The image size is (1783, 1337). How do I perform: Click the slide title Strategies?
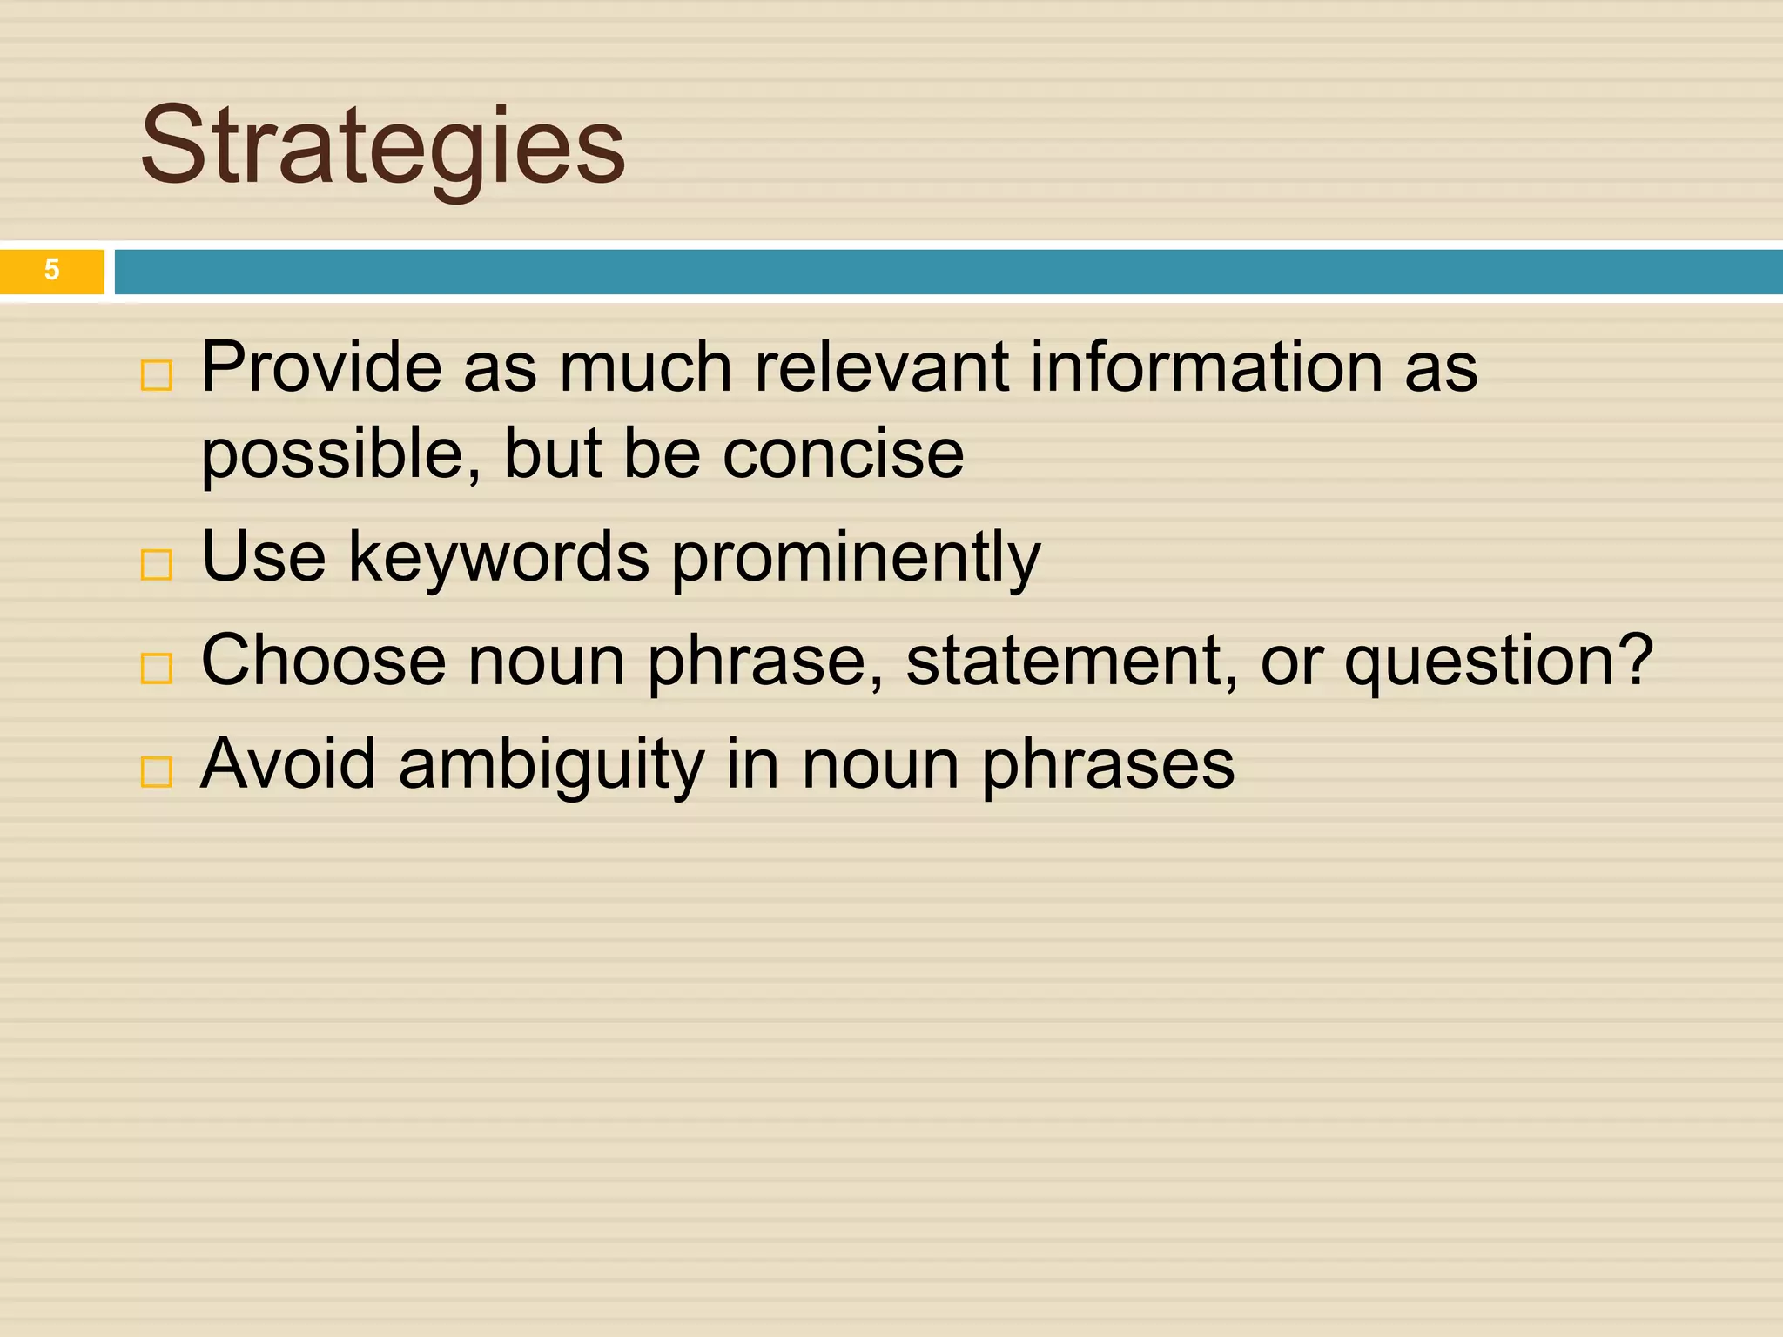coord(383,146)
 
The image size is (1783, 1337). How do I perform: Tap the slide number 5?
coord(51,270)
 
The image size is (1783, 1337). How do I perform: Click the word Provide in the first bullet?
coord(320,367)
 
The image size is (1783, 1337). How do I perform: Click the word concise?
coord(843,454)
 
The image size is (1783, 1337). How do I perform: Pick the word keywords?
coord(498,557)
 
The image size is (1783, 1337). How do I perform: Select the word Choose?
coord(323,660)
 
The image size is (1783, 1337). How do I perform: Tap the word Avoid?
coord(287,763)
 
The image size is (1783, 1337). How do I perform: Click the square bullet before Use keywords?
coord(157,565)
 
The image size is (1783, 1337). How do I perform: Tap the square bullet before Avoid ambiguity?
coord(157,771)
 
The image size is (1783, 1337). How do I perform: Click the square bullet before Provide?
coord(157,376)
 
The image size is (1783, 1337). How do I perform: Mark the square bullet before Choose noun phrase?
coord(157,668)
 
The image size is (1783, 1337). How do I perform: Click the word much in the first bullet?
coord(644,367)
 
